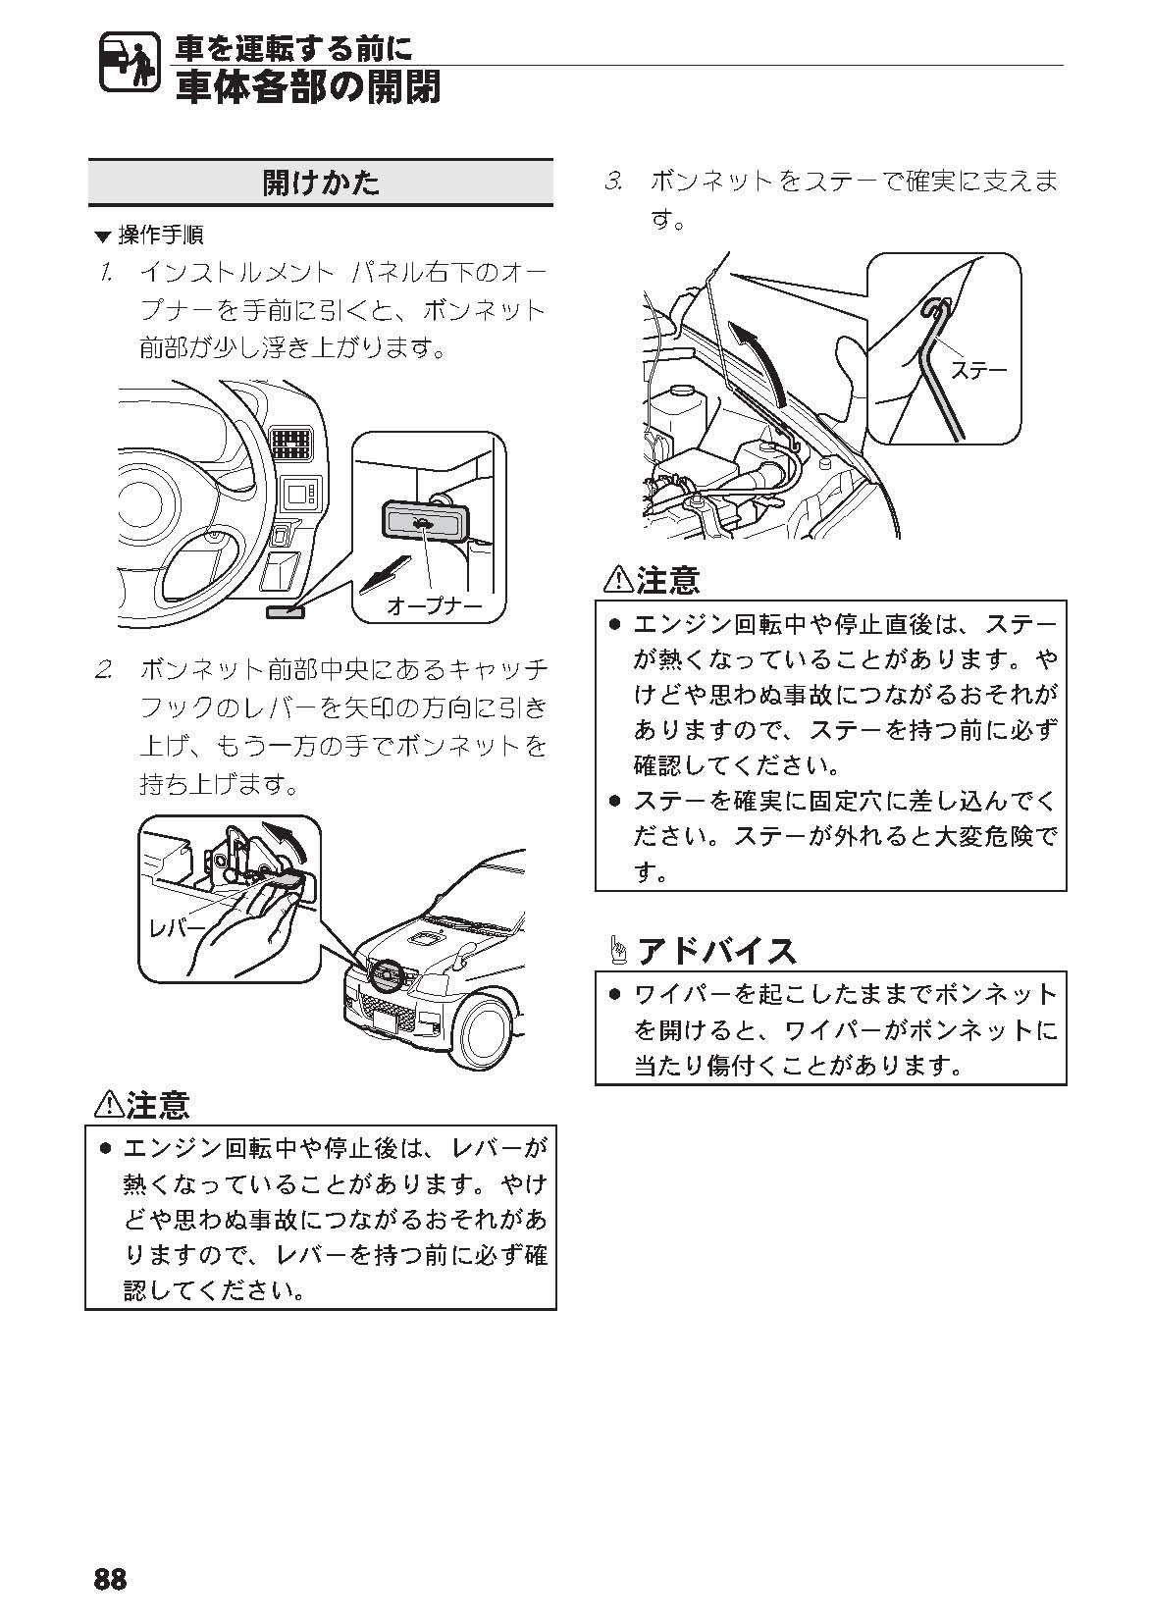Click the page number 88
point(110,1579)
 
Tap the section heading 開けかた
point(321,183)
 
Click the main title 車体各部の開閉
point(308,87)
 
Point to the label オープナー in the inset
point(434,604)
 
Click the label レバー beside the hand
point(177,926)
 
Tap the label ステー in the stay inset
point(978,369)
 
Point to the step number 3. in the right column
point(615,183)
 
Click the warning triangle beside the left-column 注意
point(107,1106)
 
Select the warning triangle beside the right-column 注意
point(618,580)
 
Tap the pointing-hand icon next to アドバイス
point(618,950)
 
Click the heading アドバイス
point(716,950)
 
